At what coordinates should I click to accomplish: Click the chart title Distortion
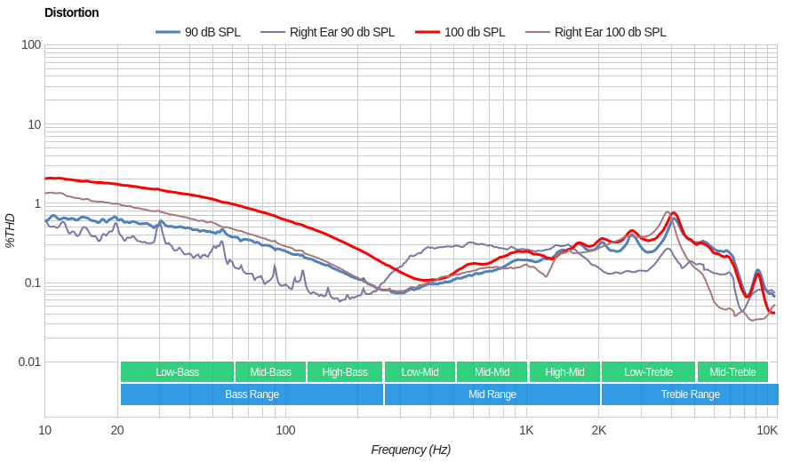(x=72, y=12)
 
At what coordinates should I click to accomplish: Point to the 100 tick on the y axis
(x=31, y=44)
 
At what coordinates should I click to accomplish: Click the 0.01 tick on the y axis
(x=29, y=362)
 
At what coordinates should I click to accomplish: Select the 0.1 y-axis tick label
(x=32, y=283)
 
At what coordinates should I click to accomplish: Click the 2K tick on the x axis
(x=598, y=430)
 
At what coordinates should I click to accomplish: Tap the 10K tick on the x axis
(x=767, y=430)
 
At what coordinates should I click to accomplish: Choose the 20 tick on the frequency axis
(x=117, y=430)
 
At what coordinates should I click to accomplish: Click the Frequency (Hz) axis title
(x=411, y=450)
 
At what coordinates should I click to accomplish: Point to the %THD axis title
(x=10, y=230)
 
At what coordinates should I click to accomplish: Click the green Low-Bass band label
(x=177, y=372)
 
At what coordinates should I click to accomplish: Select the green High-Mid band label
(x=564, y=372)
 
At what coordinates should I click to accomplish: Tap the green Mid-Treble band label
(x=732, y=372)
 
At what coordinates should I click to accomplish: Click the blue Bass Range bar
(x=252, y=394)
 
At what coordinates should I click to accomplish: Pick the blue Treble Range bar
(x=690, y=394)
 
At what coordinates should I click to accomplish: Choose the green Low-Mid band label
(x=420, y=372)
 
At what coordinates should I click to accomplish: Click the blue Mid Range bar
(x=492, y=394)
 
